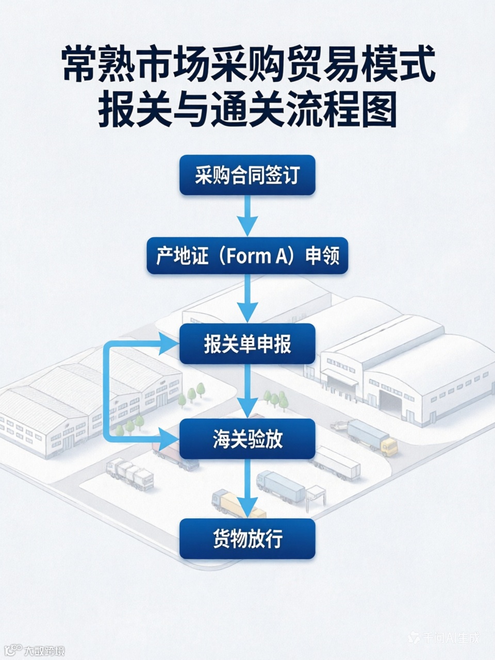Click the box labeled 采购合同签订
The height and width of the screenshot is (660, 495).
click(247, 175)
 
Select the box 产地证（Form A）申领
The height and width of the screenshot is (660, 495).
click(247, 255)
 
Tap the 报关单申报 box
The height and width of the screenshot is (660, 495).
click(247, 343)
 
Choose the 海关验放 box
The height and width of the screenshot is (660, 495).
click(247, 439)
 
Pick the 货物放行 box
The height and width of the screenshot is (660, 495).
click(247, 539)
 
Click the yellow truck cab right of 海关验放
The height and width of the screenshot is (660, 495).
click(390, 447)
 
